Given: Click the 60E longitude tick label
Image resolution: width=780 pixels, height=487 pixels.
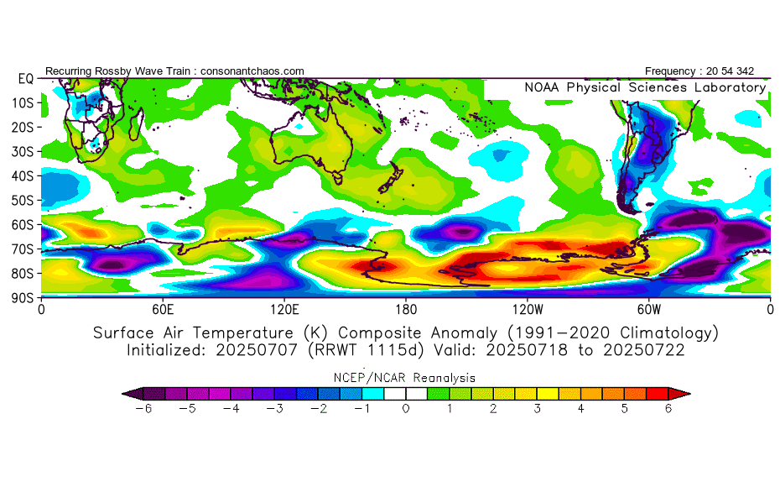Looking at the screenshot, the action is pos(163,310).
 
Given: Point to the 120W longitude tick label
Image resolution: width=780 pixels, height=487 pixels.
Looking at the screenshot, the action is pos(528,310).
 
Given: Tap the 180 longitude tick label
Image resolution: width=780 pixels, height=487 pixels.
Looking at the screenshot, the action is pos(406,310).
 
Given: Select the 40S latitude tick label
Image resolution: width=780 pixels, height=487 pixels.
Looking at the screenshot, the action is pos(23,176).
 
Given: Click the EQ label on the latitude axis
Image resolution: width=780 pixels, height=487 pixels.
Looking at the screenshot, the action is pos(26,79).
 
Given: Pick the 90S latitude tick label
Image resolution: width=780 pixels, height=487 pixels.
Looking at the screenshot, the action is pos(23,298).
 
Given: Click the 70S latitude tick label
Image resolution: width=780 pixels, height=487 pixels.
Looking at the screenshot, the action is pos(23,249).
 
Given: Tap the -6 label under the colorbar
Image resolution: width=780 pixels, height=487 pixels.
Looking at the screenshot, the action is pos(143,409).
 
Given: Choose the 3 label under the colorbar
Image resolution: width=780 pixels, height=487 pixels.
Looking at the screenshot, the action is pos(538,409).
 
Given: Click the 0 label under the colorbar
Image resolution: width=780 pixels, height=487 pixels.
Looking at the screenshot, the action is pos(406,409).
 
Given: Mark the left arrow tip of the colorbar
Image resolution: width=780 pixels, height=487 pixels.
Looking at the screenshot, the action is pos(122,394).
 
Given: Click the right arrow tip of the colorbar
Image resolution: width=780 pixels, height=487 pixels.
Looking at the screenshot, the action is pos(690,394).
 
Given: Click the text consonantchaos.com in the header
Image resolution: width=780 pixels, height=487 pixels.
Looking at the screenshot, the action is pos(252,71).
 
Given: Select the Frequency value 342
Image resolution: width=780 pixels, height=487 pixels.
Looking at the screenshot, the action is pos(745,71).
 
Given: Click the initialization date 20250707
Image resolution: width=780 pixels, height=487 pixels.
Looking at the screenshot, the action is pos(256,350).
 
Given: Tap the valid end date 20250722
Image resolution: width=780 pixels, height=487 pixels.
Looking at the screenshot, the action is pos(643,350).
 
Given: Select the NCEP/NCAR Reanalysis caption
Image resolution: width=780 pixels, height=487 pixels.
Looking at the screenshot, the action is pos(404,378).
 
